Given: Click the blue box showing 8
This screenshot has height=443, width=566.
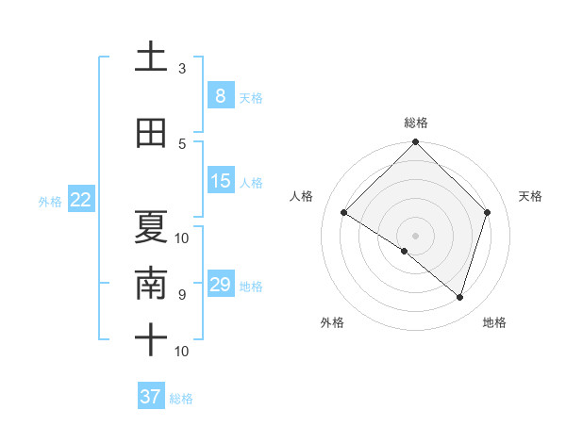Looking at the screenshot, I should pyautogui.click(x=220, y=95).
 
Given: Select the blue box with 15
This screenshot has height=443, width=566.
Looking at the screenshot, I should pyautogui.click(x=220, y=181).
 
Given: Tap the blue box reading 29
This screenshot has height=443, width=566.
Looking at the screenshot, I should pyautogui.click(x=220, y=285).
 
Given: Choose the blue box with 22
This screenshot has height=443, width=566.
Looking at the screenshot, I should pyautogui.click(x=81, y=200).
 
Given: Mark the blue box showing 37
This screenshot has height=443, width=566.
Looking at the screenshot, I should pyautogui.click(x=151, y=397).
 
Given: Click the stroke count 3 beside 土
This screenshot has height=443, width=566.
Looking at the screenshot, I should pyautogui.click(x=182, y=69).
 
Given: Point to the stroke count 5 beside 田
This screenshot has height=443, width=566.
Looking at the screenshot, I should pyautogui.click(x=182, y=144).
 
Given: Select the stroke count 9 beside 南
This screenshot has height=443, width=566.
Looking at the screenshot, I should pyautogui.click(x=181, y=295).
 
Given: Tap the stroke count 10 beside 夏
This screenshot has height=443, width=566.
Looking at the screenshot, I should pyautogui.click(x=182, y=238).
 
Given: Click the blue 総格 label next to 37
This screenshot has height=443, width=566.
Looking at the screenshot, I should pyautogui.click(x=181, y=399).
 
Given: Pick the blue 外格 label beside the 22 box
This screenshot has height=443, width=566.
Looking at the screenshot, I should pyautogui.click(x=50, y=201).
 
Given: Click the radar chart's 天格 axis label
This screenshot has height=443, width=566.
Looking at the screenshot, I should pyautogui.click(x=531, y=196).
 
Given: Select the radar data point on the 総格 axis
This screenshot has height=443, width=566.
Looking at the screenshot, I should pyautogui.click(x=415, y=142).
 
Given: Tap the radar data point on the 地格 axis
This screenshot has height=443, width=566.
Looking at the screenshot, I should pyautogui.click(x=459, y=297).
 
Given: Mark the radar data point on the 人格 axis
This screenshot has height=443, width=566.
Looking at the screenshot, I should pyautogui.click(x=344, y=213).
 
